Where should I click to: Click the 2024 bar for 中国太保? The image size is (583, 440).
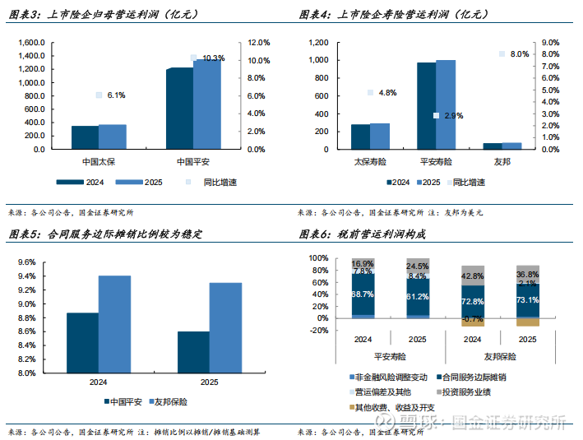tap(85, 138)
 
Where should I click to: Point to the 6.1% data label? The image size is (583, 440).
tap(115, 95)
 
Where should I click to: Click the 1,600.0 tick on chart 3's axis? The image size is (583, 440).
tap(32, 43)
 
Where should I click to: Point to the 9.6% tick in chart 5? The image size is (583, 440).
tap(25, 262)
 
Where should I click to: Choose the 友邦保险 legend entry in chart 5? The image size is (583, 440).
tap(170, 403)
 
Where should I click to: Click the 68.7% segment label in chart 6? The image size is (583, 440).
tap(363, 294)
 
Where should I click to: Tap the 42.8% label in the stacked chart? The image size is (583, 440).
tap(472, 276)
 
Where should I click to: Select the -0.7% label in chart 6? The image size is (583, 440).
tap(472, 318)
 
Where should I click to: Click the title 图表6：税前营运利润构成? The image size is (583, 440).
tap(361, 234)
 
